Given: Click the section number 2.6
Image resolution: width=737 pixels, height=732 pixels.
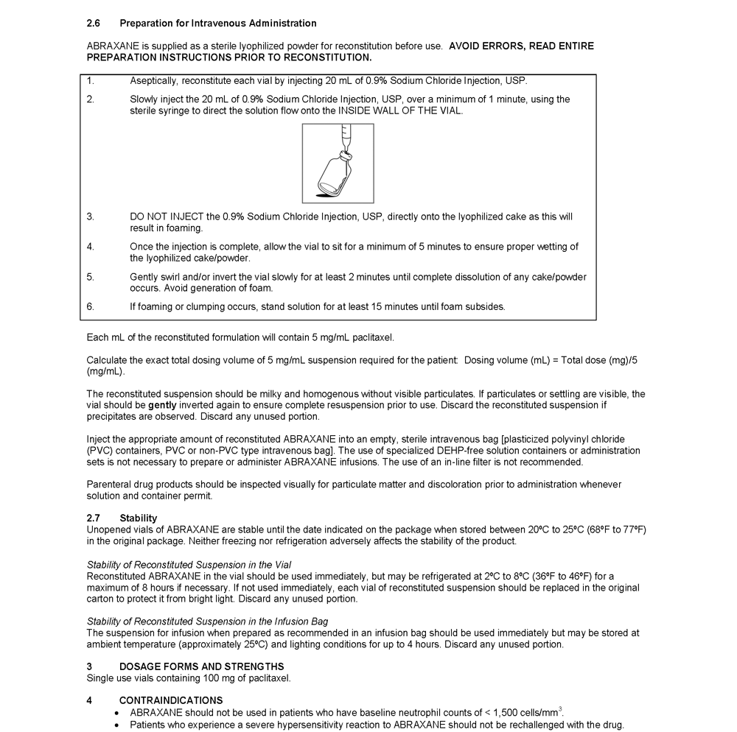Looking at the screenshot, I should tap(93, 24).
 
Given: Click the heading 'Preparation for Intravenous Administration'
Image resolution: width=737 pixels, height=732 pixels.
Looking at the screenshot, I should tap(218, 24).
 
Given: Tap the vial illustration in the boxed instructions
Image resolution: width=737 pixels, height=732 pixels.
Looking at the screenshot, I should tap(338, 163).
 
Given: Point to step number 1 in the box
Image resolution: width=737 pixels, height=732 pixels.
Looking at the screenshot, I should tap(90, 80).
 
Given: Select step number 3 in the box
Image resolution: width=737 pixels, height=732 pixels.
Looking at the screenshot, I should tap(90, 217).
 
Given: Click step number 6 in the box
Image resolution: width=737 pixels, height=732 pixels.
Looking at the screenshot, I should tap(90, 306).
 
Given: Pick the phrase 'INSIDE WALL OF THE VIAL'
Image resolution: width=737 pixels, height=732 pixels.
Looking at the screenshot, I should tap(401, 110).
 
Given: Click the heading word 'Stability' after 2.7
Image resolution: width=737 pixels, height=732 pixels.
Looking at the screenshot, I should tap(139, 518).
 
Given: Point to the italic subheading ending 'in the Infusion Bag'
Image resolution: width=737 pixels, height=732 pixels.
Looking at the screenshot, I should tap(207, 622).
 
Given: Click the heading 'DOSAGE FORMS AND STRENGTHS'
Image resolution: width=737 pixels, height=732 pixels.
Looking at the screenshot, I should tap(201, 667).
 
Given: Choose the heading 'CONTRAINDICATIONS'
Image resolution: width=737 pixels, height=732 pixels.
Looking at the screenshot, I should tap(171, 700).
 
